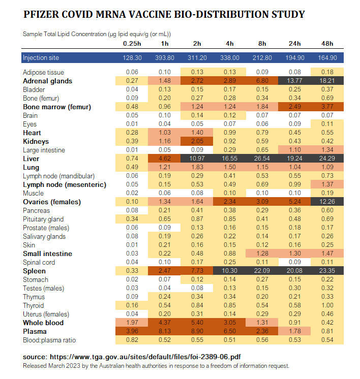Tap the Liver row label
(x=31, y=159)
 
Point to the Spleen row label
(x=34, y=271)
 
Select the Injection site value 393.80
(x=164, y=58)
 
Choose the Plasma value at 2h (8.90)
(x=197, y=331)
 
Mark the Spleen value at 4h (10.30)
(x=229, y=271)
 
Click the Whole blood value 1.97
(x=132, y=323)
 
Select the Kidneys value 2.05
(x=197, y=141)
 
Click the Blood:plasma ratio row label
(x=48, y=340)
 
